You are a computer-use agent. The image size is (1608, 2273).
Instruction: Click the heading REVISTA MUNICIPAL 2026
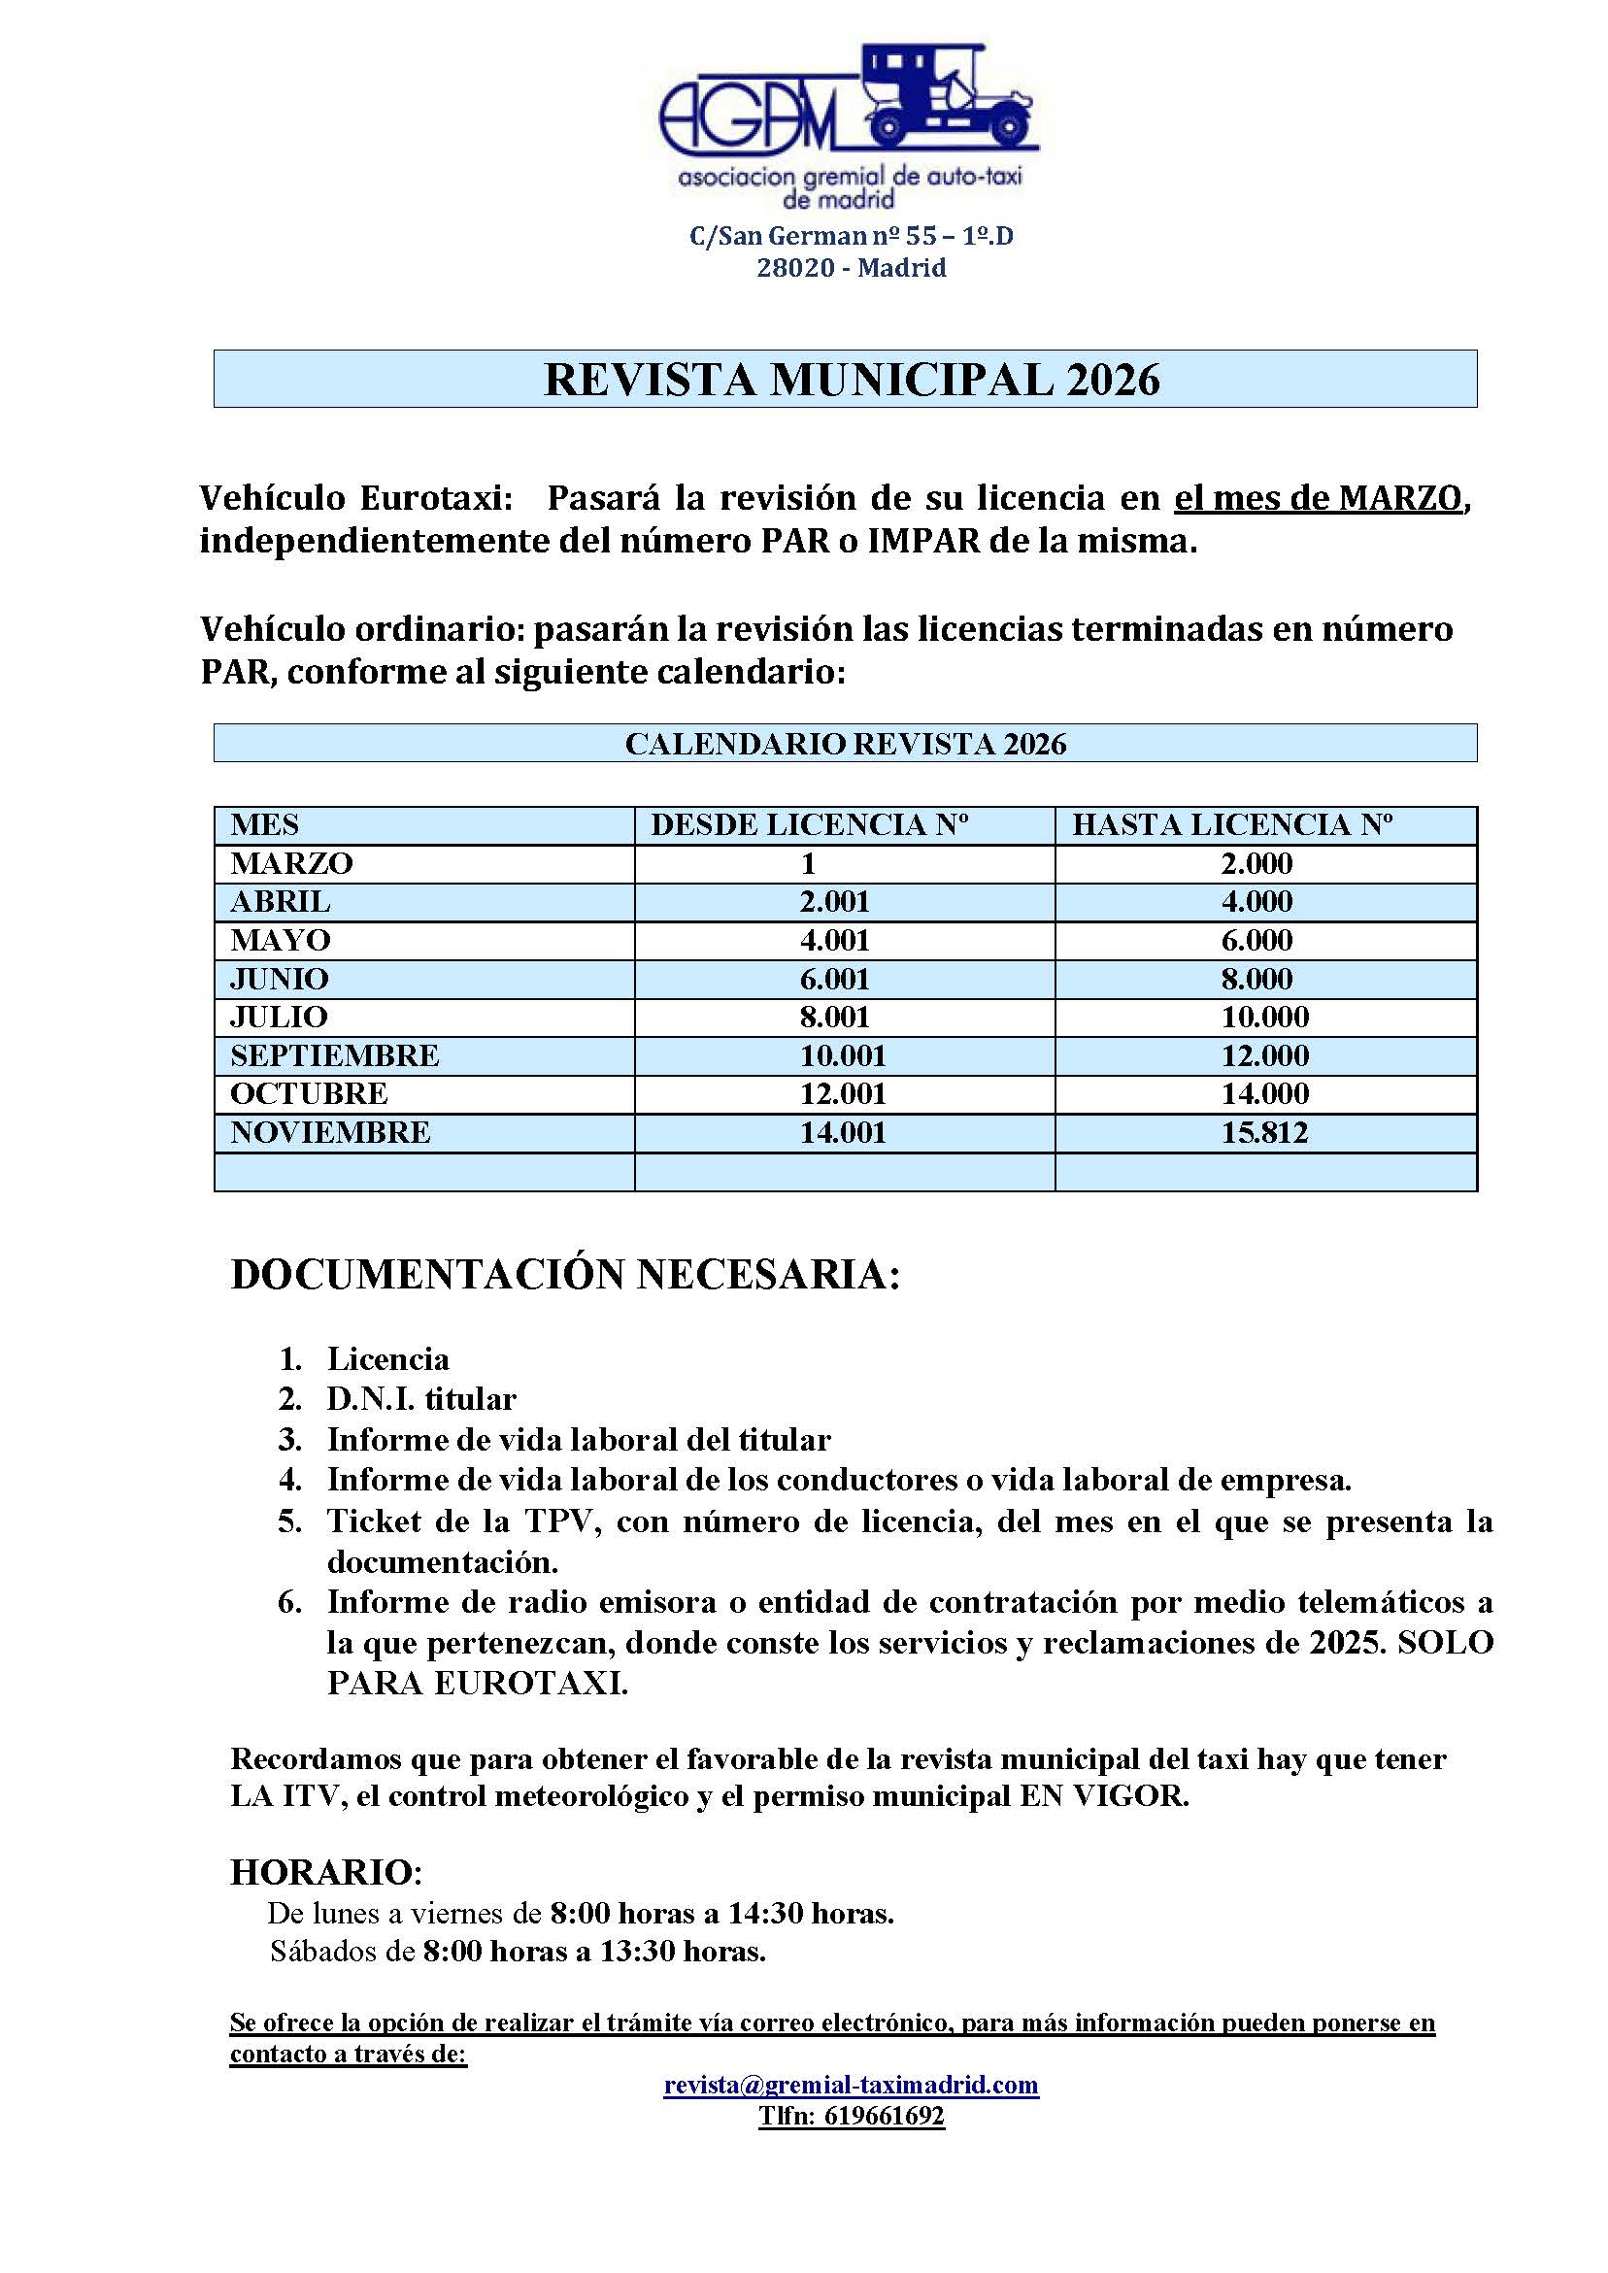[852, 381]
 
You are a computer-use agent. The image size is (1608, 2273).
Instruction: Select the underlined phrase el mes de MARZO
[1318, 498]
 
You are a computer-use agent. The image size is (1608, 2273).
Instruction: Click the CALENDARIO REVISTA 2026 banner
[845, 744]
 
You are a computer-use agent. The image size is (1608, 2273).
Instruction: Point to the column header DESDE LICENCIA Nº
[809, 824]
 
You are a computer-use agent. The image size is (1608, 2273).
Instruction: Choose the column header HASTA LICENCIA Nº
[1232, 824]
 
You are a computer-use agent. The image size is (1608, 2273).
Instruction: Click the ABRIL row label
[281, 902]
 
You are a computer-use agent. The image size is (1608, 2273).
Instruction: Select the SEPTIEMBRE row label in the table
[335, 1055]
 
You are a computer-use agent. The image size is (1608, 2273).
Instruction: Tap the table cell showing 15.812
[1264, 1132]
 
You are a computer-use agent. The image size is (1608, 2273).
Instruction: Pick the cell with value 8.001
[835, 1017]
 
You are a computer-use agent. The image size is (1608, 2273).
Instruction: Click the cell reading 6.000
[1256, 941]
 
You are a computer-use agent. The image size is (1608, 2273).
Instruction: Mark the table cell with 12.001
[843, 1094]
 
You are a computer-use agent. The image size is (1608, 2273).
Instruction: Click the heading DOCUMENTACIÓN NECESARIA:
[565, 1275]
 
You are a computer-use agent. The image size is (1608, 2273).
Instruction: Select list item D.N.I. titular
[421, 1399]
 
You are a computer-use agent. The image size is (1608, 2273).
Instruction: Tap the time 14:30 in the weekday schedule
[765, 1914]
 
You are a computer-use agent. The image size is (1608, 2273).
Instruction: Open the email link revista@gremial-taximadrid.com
[851, 2085]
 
